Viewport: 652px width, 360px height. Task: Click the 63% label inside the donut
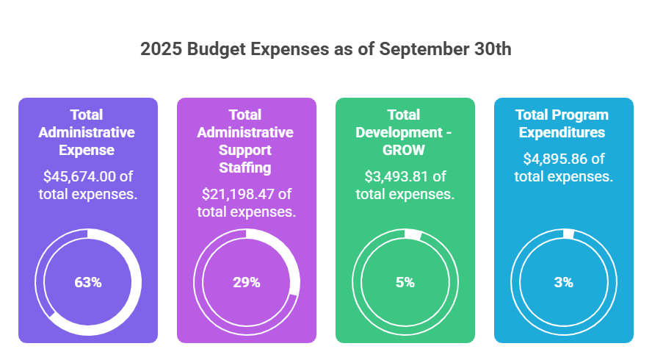coord(87,282)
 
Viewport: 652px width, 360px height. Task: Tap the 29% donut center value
coord(246,282)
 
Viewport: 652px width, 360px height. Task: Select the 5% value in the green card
coord(405,282)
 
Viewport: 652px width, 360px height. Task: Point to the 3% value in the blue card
coord(563,282)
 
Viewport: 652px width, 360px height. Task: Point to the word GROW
coord(405,150)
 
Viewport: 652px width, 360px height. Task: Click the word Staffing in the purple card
coord(246,168)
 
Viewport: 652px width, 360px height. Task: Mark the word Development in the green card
coord(398,132)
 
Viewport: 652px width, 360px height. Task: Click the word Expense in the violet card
coord(87,150)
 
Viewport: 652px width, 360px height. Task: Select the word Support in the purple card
coord(246,150)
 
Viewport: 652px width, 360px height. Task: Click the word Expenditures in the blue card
coord(563,132)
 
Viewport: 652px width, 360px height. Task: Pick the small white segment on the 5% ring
coord(413,235)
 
